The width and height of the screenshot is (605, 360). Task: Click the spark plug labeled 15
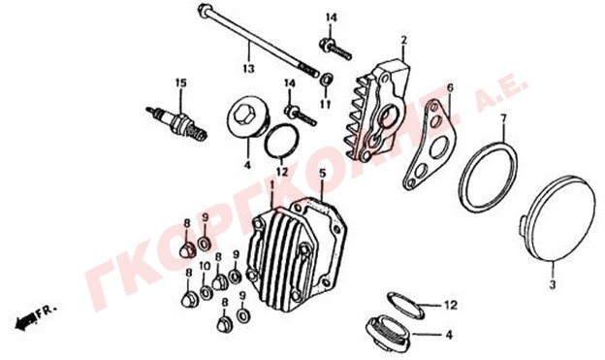coord(176,123)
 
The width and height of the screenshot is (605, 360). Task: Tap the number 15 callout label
coord(180,82)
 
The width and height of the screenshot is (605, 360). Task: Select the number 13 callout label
coord(249,69)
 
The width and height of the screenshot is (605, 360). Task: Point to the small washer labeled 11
coord(327,80)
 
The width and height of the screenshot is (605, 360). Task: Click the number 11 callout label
coord(326,104)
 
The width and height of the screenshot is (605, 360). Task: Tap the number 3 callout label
coord(553,285)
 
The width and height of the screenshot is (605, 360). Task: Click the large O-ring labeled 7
coord(489,178)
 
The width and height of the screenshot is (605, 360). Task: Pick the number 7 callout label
coord(502,116)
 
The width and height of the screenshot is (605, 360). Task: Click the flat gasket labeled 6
coord(430,146)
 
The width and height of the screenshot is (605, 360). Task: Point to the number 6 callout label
coord(450,87)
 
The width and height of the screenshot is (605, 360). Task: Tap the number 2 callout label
coord(403,40)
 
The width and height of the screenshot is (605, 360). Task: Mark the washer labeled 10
coord(206,292)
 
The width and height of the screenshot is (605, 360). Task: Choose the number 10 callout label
coord(205,266)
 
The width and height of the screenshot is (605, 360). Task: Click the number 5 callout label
coord(323,174)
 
